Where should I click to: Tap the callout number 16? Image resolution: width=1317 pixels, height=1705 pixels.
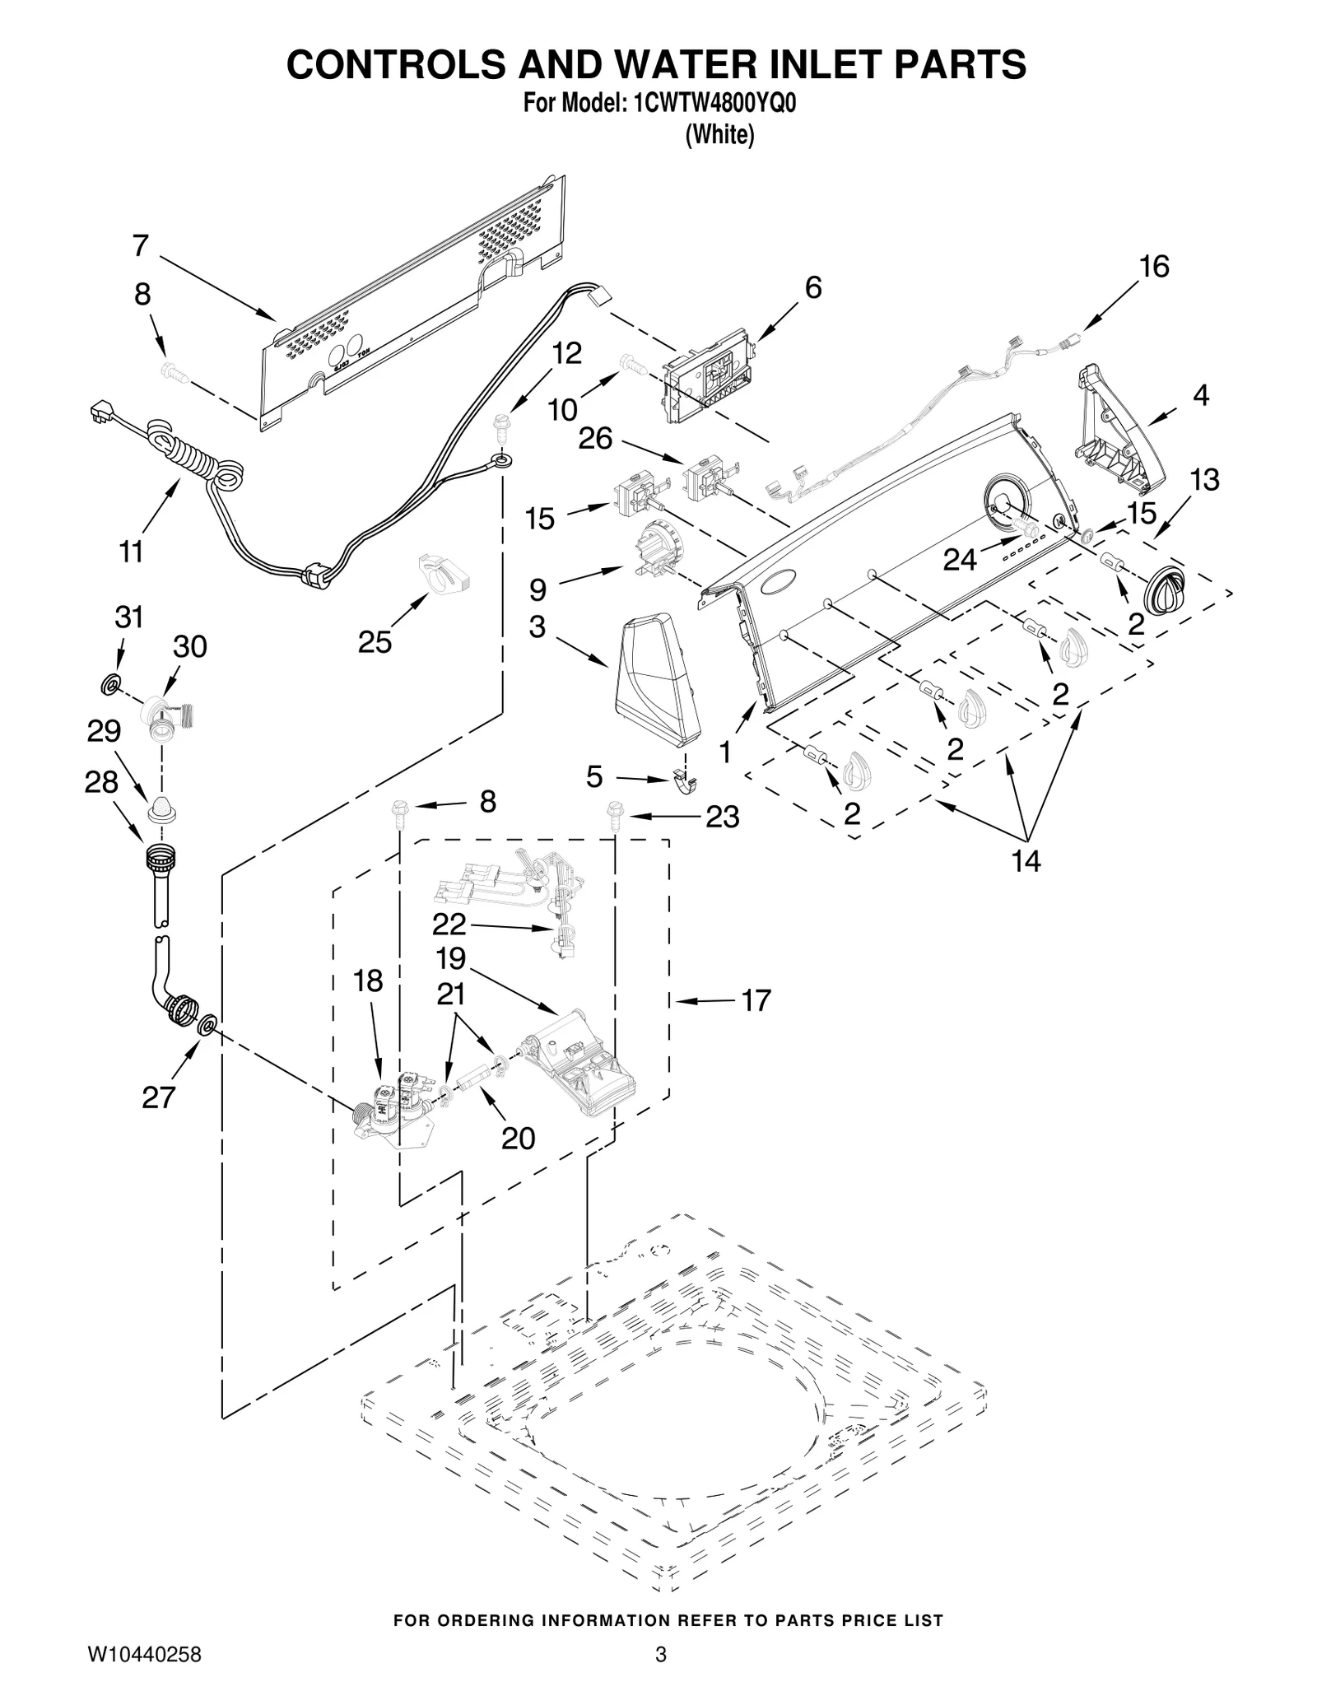point(1154,267)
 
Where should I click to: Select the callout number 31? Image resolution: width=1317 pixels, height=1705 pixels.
point(128,617)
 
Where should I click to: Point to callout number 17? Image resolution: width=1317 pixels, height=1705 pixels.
point(756,1000)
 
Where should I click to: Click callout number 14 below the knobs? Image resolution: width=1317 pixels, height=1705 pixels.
point(1026,861)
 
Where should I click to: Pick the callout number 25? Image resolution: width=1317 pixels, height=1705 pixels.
point(375,642)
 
